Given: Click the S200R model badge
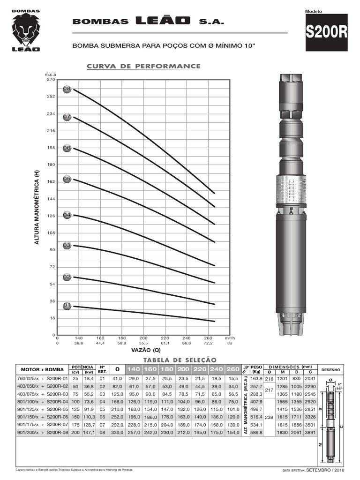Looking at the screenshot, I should [x=327, y=32].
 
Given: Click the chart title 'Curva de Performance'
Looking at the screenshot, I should [x=143, y=66].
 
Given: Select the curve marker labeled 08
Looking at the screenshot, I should [x=67, y=89].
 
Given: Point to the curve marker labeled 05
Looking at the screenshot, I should [x=67, y=179].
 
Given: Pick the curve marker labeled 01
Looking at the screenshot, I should [x=67, y=306].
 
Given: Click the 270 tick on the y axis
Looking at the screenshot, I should [x=51, y=79].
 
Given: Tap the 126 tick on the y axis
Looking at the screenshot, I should [x=51, y=216].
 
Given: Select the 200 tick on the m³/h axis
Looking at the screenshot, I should [x=143, y=337].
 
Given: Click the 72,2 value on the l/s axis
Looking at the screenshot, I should [x=208, y=343].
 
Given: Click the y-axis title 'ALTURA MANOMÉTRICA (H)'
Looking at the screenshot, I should [x=36, y=207].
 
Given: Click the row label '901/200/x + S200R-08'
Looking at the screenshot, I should [x=43, y=432].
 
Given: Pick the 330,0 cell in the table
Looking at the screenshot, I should [x=117, y=432].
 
